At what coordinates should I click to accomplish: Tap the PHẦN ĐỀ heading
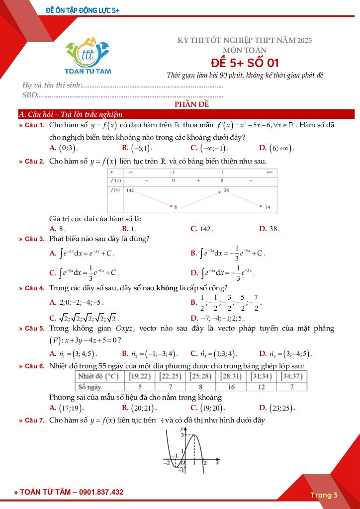pos(191,104)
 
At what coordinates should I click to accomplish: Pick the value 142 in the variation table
pos(130,190)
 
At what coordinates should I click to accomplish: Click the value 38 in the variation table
pos(226,190)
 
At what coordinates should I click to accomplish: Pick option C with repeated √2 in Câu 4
pos(84,318)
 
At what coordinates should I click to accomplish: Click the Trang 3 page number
pos(324,495)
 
